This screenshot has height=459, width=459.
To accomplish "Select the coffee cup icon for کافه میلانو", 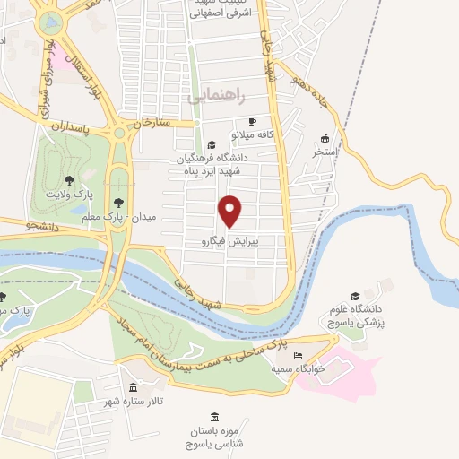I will click(x=252, y=121).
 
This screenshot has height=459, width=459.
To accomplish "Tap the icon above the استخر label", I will click(x=325, y=139).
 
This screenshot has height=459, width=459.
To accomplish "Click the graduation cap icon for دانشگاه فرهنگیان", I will click(x=212, y=144).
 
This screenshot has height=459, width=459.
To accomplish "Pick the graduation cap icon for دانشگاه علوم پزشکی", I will click(x=355, y=295).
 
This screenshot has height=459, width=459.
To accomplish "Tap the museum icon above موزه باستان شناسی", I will click(x=214, y=417).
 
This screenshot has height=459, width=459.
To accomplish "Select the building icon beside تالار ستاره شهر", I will click(x=134, y=387).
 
